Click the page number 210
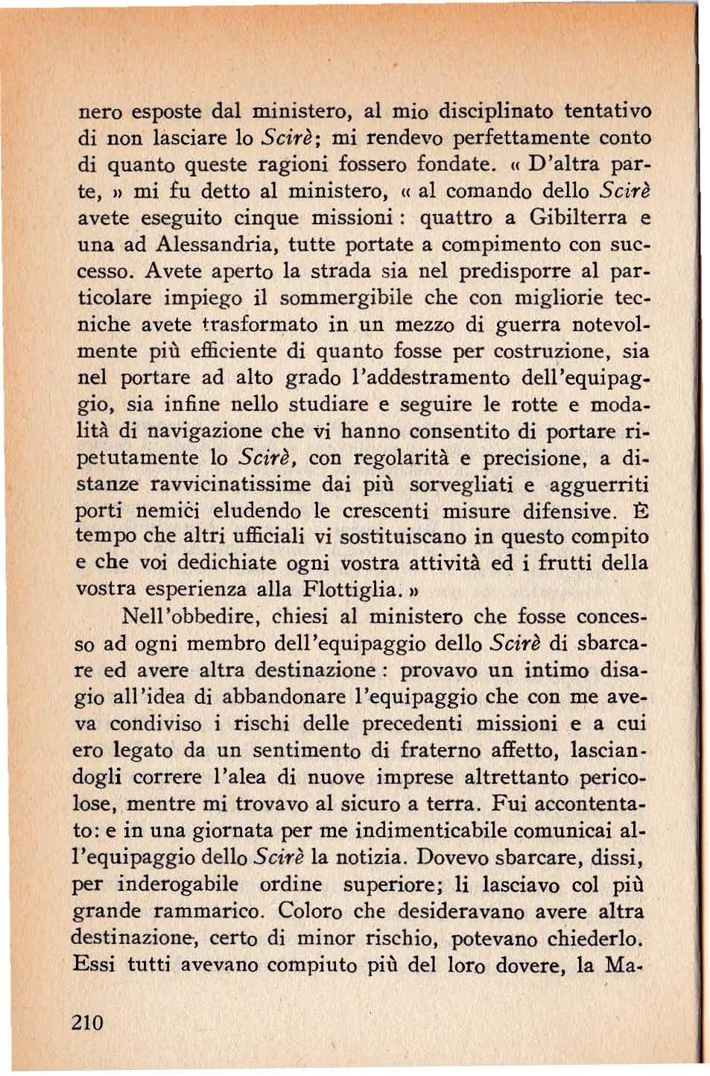(x=87, y=1022)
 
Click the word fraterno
(x=424, y=750)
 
